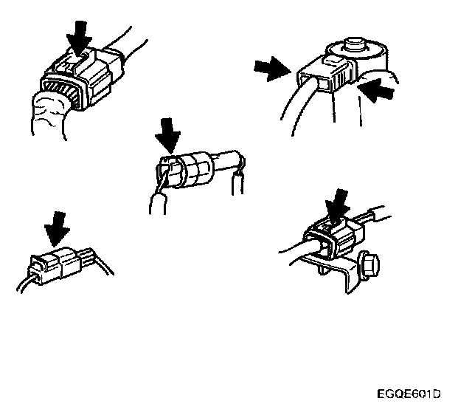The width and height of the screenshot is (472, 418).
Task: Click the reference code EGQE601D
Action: [x=409, y=394]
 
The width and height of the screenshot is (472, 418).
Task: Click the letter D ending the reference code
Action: [x=437, y=394]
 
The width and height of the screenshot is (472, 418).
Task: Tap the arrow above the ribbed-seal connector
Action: [x=80, y=38]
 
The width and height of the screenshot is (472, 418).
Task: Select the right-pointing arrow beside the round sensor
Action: [x=272, y=69]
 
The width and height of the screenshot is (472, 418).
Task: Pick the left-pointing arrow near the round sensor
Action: [x=376, y=89]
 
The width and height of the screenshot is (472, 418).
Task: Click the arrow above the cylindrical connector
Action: [x=168, y=135]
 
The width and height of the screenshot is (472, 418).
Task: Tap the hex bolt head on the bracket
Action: [x=369, y=265]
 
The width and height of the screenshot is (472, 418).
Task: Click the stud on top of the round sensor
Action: [x=355, y=44]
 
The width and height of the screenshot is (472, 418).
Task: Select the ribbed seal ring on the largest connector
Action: [x=60, y=91]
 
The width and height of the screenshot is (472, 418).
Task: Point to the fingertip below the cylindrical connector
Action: [x=158, y=204]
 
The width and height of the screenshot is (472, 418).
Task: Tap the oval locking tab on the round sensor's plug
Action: [x=333, y=60]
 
